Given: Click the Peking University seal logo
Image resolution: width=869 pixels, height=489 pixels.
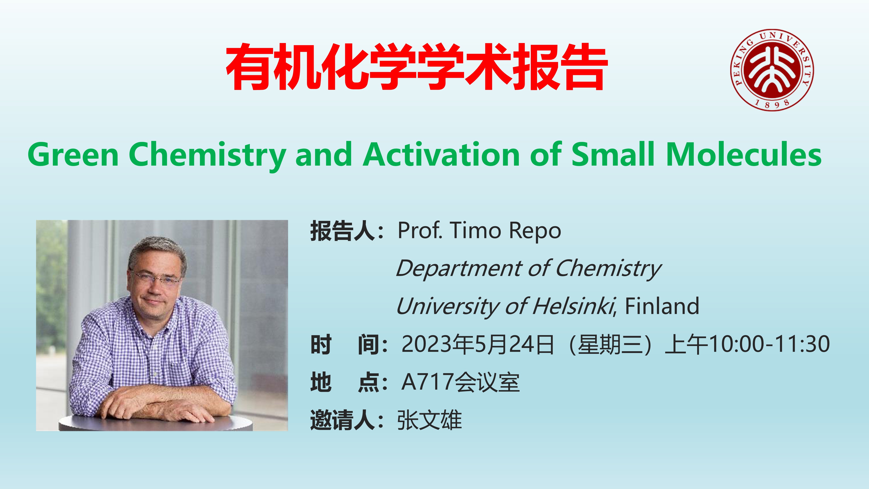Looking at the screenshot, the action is (x=772, y=70).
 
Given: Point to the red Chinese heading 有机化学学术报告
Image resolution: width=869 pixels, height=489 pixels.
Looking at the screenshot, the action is (x=417, y=67).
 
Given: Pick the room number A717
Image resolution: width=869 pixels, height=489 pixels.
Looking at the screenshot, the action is (x=427, y=382).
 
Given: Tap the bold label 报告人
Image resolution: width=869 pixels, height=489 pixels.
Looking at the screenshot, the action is (x=342, y=231).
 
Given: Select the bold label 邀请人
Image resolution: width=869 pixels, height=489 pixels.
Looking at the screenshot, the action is (x=342, y=420).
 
